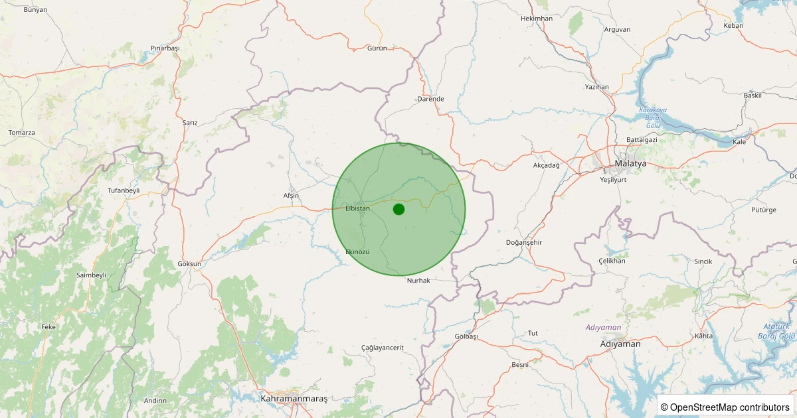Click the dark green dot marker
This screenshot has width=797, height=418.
pyautogui.click(x=398, y=209)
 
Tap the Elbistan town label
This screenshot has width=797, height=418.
pyautogui.click(x=357, y=208)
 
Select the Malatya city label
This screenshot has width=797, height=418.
pyautogui.click(x=630, y=163)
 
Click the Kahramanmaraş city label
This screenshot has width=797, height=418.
pyautogui.click(x=294, y=398)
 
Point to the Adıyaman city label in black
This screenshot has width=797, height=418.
pyautogui.click(x=620, y=344)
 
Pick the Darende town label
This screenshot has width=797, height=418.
pyautogui.click(x=430, y=99)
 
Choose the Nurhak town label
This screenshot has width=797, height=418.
pyautogui.click(x=418, y=281)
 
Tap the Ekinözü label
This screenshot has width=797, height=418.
pyautogui.click(x=357, y=252)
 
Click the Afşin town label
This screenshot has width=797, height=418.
pyautogui.click(x=291, y=196)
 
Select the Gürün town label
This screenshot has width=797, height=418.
pyautogui.click(x=377, y=48)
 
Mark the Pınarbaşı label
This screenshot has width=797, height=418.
pyautogui.click(x=165, y=48)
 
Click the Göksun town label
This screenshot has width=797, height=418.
pyautogui.click(x=189, y=263)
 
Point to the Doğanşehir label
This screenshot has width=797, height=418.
pyautogui.click(x=524, y=242)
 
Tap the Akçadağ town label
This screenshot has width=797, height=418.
pyautogui.click(x=547, y=165)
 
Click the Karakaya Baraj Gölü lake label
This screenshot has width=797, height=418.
pyautogui.click(x=652, y=117)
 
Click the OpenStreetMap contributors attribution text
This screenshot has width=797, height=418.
pyautogui.click(x=725, y=407)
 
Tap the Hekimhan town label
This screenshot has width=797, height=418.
pyautogui.click(x=537, y=19)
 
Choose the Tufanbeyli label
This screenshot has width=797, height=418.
pyautogui.click(x=124, y=190)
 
